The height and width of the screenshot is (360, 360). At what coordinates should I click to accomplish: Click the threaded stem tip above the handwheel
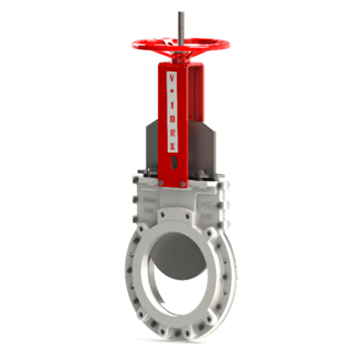click(181, 14)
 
